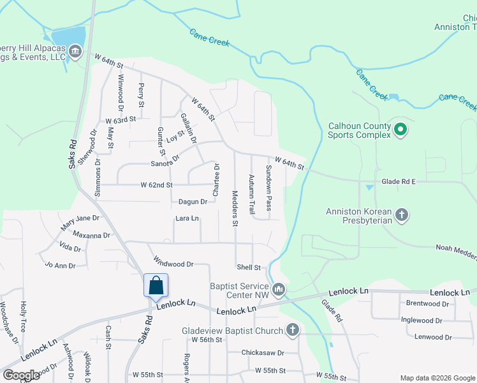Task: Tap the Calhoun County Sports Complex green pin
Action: [400, 130]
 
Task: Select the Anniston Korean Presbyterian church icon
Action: [402, 214]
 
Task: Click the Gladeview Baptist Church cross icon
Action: [293, 330]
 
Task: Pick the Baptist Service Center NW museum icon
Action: [279, 291]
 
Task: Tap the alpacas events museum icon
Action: [75, 51]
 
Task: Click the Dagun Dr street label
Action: [193, 202]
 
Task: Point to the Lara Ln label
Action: [187, 218]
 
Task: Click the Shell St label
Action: [249, 267]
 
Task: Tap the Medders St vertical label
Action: [235, 209]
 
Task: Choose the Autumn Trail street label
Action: [252, 193]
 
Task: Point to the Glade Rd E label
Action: [399, 181]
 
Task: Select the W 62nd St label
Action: [157, 185]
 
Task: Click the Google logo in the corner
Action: [21, 375]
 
